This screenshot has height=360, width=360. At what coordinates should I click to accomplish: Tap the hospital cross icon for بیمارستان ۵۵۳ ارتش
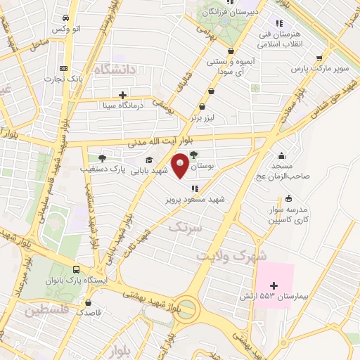pos(274,286)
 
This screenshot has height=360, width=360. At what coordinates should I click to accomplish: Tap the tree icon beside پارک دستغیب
pos(103,158)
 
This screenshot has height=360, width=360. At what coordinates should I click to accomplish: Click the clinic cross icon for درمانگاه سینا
pos(123,94)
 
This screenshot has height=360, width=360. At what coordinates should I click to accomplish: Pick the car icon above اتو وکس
pos(65,18)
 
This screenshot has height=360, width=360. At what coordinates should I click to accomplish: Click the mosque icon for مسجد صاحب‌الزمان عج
pos(282,157)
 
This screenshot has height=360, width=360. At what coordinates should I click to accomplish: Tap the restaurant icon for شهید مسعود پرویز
pos(194,188)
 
